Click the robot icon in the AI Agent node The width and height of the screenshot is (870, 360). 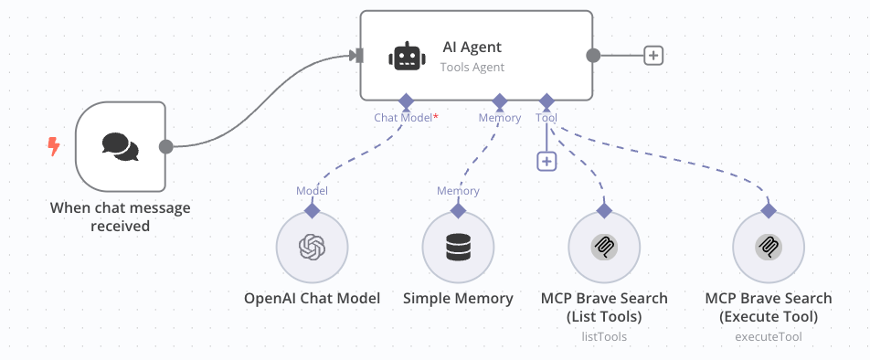(407, 56)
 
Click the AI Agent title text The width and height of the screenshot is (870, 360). (472, 48)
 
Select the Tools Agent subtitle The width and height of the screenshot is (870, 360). (472, 67)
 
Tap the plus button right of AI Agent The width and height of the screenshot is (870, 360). (652, 55)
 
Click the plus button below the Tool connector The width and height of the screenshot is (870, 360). (546, 161)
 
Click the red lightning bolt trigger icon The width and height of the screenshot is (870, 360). (54, 145)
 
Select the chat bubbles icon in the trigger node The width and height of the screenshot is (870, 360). (121, 146)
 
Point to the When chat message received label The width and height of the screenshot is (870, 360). (121, 217)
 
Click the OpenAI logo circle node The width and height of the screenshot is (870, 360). (313, 248)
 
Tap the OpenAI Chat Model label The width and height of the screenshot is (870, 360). (313, 299)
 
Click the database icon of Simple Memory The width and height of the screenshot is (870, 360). (458, 248)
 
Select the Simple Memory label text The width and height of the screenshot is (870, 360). (458, 299)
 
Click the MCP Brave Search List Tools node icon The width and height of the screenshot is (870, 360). (604, 248)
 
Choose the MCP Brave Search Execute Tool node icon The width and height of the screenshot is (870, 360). (769, 248)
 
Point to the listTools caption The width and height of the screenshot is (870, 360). (604, 337)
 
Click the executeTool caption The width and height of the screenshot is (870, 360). (769, 337)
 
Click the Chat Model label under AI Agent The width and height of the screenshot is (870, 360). (403, 118)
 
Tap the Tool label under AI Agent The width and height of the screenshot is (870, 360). (546, 118)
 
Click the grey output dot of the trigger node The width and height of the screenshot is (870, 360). (165, 146)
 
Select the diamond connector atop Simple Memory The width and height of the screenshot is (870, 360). (458, 210)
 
